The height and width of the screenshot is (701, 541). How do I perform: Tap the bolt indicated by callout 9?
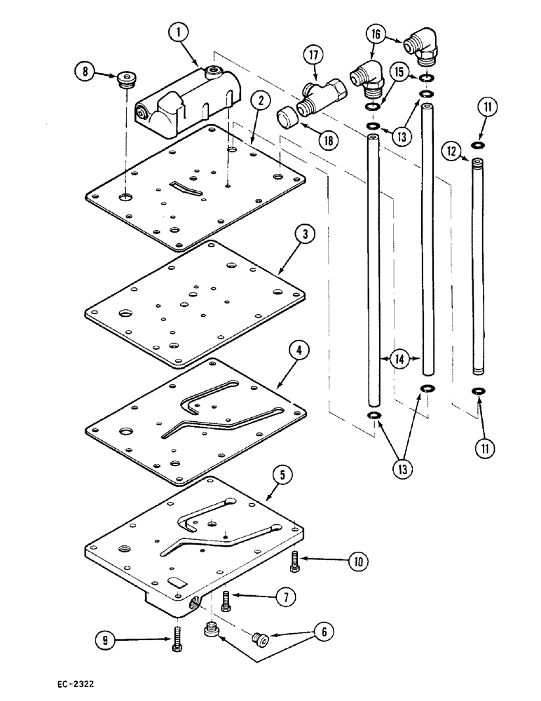(x=174, y=639)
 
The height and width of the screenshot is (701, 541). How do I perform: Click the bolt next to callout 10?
(x=294, y=559)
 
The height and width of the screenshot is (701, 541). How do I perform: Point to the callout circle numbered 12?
(x=451, y=150)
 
